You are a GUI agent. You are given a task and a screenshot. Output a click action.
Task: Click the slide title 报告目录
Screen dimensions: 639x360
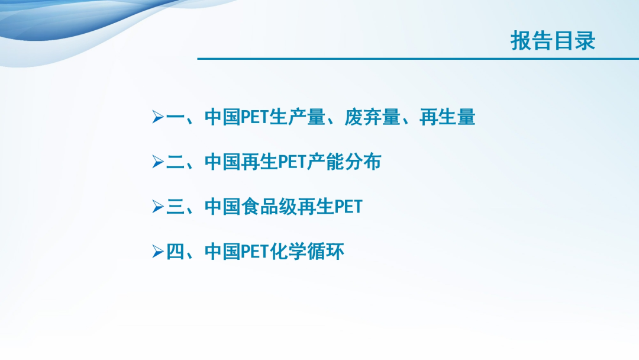point(553,41)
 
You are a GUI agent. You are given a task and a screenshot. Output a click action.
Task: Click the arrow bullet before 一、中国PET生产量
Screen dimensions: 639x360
point(158,117)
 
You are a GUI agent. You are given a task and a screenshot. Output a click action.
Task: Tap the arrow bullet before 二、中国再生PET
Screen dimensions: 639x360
point(158,162)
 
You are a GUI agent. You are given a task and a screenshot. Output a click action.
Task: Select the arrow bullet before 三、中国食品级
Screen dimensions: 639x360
point(158,207)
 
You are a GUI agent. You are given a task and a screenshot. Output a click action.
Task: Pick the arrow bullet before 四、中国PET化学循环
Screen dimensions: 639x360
point(158,252)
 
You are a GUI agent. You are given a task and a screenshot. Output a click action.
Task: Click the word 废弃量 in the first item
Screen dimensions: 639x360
point(372,117)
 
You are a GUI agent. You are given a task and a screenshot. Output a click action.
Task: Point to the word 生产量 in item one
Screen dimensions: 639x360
point(297,117)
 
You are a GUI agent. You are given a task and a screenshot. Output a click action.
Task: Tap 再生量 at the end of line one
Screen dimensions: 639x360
point(447,117)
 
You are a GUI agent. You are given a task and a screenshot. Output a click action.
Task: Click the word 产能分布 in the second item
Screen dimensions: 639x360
point(344,162)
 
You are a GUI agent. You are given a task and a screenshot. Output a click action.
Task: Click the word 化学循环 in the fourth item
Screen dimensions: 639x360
point(307,252)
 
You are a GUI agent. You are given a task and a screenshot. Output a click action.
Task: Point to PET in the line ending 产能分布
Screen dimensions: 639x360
point(292,162)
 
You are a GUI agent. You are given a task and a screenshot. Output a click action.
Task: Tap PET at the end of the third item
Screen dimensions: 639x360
point(348,207)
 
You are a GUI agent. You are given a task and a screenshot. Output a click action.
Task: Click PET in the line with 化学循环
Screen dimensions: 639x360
point(255,252)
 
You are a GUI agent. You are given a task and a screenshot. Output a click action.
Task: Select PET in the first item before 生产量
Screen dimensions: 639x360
point(255,117)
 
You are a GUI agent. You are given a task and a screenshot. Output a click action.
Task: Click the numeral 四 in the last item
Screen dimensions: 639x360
point(176,252)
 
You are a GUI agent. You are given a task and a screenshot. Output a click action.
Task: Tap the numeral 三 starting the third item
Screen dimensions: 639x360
point(176,207)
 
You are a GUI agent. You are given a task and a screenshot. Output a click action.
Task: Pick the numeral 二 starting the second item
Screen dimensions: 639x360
point(176,162)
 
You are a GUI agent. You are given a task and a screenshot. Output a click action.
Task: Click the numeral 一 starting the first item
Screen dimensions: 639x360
point(176,117)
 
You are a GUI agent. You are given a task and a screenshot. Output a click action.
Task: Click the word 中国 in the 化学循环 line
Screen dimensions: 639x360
point(222,252)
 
